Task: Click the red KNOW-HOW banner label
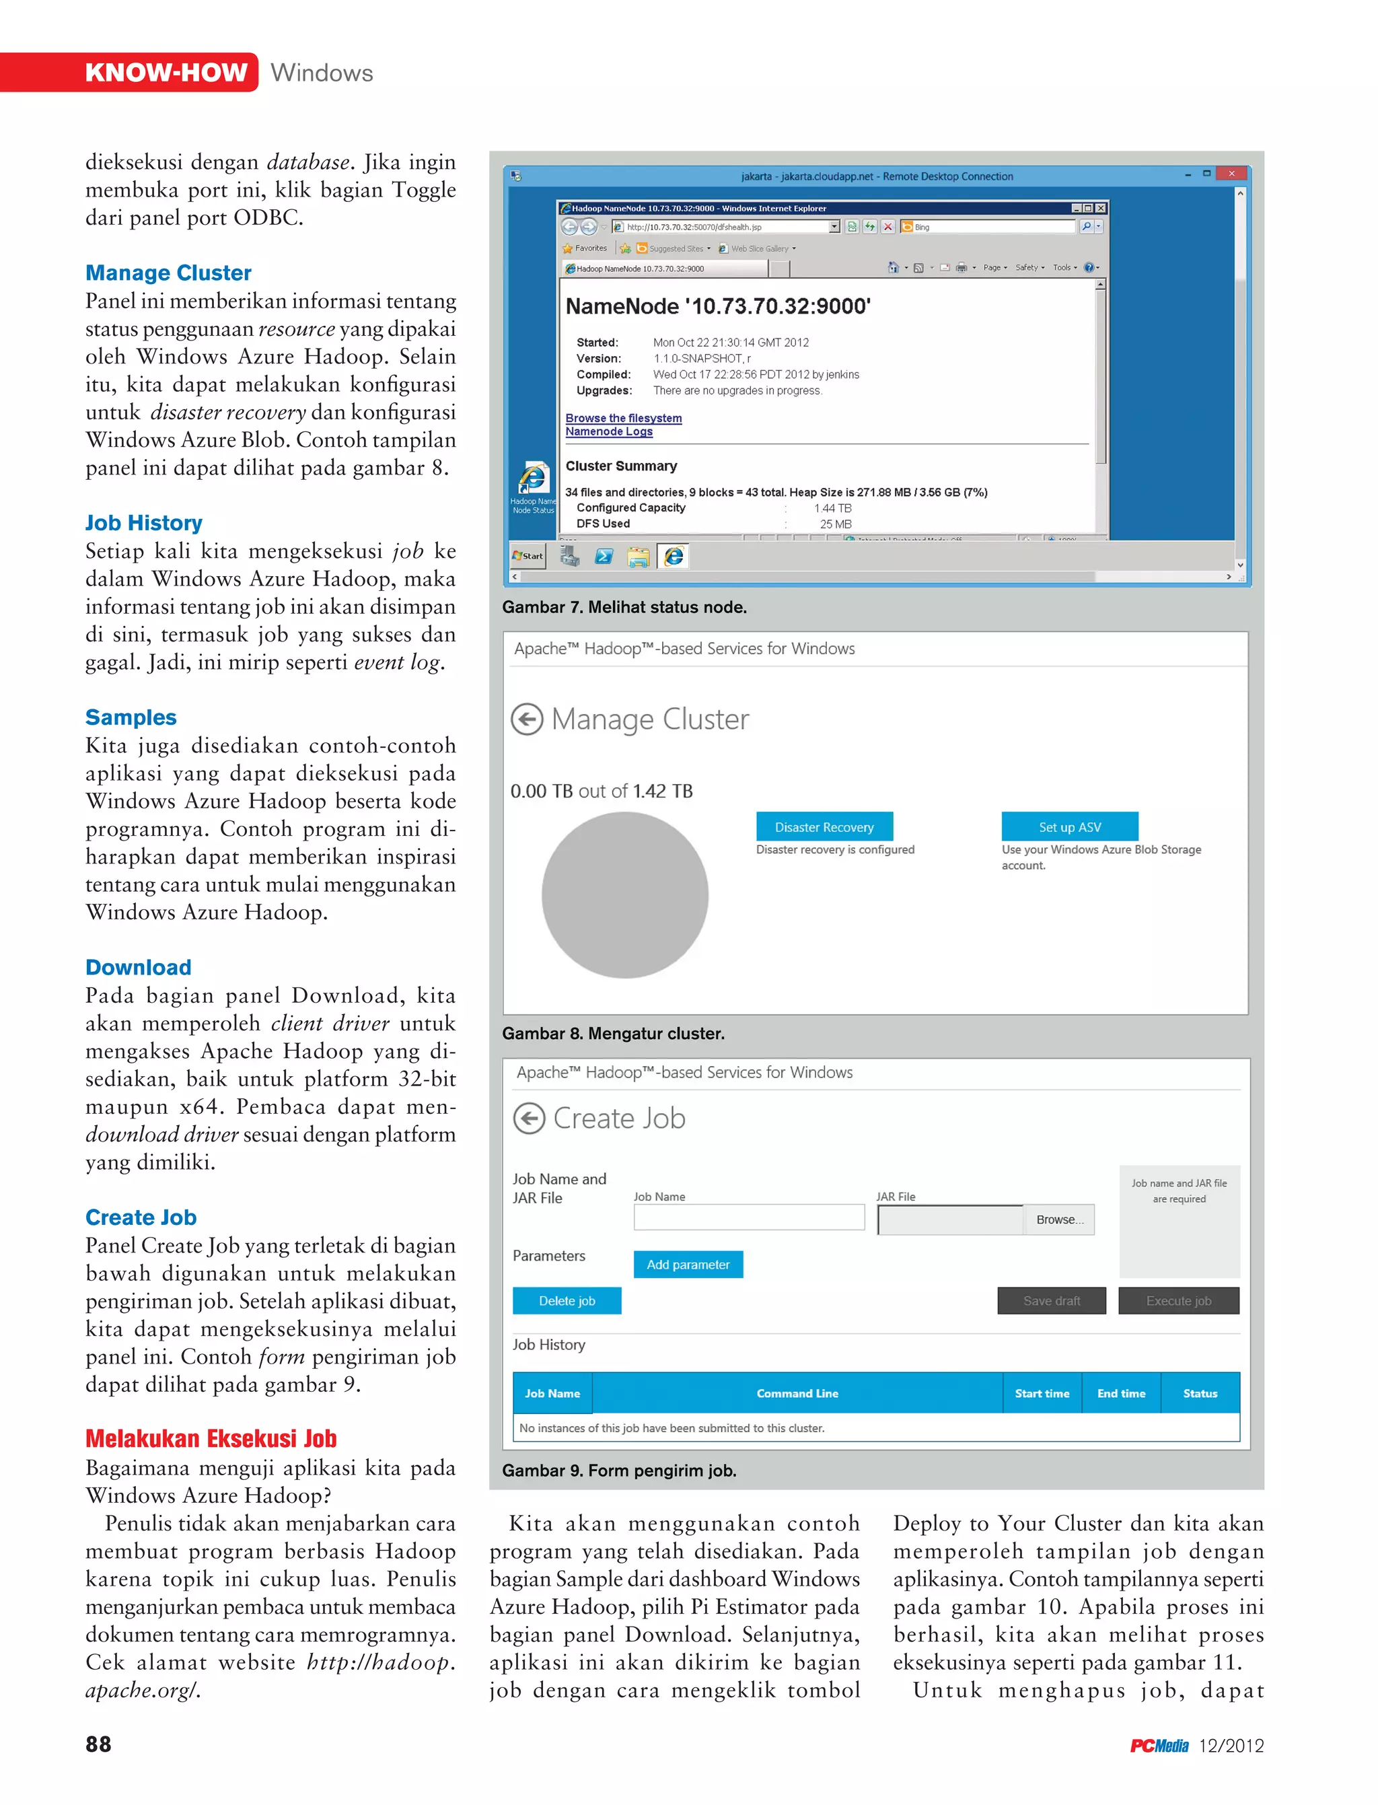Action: tap(166, 72)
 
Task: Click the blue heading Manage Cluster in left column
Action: tap(168, 273)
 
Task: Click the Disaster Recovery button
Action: tap(824, 827)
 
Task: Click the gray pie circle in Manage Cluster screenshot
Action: tap(624, 895)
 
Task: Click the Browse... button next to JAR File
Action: tap(1059, 1220)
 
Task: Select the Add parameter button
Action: tap(688, 1265)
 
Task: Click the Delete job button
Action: tap(567, 1300)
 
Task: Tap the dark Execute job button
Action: tap(1178, 1300)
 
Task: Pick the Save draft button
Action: tap(1051, 1300)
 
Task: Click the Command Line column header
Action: tap(797, 1393)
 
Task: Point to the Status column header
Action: tap(1199, 1393)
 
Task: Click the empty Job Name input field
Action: tap(748, 1217)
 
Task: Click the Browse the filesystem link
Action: tap(623, 418)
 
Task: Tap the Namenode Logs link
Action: tap(609, 431)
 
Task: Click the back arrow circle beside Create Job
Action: tap(529, 1119)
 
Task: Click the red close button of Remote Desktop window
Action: tap(1231, 174)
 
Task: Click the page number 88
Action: tap(98, 1744)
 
